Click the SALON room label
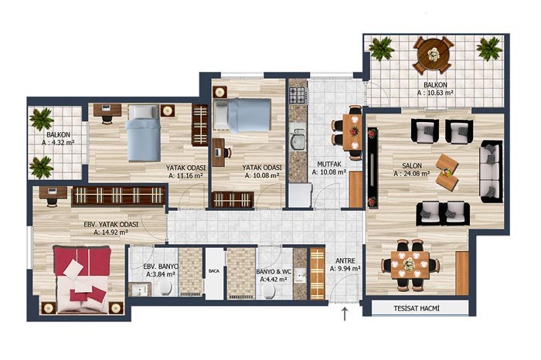(x=412, y=165)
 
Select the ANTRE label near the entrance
(x=345, y=261)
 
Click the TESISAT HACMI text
(x=417, y=308)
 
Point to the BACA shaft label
(x=214, y=271)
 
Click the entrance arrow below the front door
(x=345, y=314)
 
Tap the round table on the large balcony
(x=433, y=55)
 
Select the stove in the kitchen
(x=298, y=96)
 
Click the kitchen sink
(x=298, y=140)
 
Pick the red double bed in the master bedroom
(x=82, y=280)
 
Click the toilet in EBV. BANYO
(x=165, y=287)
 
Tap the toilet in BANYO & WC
(x=269, y=291)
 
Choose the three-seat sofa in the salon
(x=491, y=172)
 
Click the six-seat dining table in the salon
(x=410, y=265)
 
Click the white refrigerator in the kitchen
(x=300, y=195)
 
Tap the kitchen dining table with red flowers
(x=352, y=132)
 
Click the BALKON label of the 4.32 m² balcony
(x=58, y=135)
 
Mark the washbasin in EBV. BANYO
(x=140, y=290)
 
